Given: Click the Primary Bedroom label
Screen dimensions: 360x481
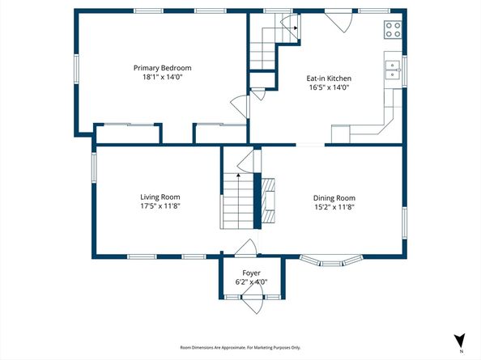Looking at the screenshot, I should click(x=163, y=68).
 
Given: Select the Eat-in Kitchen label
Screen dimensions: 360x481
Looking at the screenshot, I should click(x=328, y=78).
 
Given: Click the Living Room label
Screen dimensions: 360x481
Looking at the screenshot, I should click(x=160, y=197).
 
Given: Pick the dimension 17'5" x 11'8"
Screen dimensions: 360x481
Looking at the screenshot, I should click(x=160, y=205).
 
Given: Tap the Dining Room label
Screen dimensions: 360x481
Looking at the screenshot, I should click(x=334, y=197).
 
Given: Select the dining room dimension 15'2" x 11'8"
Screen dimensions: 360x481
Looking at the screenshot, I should click(x=334, y=206).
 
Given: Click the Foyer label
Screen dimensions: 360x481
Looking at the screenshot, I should click(x=251, y=273).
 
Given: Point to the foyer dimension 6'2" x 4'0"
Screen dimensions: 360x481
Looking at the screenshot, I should click(x=251, y=282).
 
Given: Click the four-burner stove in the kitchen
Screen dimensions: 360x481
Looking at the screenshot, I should click(x=393, y=30).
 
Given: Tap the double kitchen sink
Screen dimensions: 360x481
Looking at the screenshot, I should click(x=393, y=70).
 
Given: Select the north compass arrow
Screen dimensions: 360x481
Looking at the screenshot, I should click(x=459, y=341).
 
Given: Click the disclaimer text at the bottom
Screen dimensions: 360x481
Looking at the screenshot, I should click(x=240, y=347).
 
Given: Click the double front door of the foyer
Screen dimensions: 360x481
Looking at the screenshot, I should click(x=251, y=302).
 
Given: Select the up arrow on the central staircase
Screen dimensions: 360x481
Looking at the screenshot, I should click(x=238, y=174).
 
